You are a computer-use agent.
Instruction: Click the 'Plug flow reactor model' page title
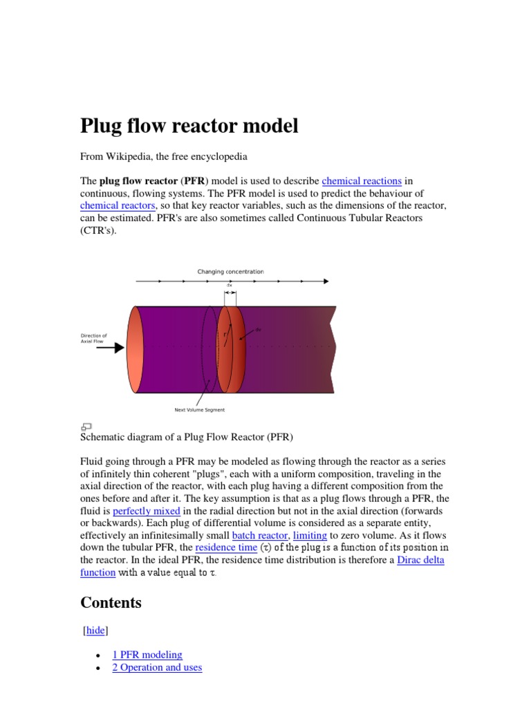189,126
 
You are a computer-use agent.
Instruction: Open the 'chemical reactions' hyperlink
362,181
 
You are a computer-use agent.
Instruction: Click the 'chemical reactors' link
118,206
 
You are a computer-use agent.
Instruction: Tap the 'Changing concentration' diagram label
230,272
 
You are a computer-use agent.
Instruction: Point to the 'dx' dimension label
230,285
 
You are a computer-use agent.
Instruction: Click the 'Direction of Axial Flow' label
93,339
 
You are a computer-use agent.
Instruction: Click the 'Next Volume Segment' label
199,410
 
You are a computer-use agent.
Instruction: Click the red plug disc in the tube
232,350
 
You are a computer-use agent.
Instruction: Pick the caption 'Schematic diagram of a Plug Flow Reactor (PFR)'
187,437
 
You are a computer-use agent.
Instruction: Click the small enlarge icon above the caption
86,427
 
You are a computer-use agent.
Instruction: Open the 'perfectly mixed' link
147,511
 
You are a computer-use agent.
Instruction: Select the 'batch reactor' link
259,536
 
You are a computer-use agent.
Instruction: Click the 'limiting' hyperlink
310,536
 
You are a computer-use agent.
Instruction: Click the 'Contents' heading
111,602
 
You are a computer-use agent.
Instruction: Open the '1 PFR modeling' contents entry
147,654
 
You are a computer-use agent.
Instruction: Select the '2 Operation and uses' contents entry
157,667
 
